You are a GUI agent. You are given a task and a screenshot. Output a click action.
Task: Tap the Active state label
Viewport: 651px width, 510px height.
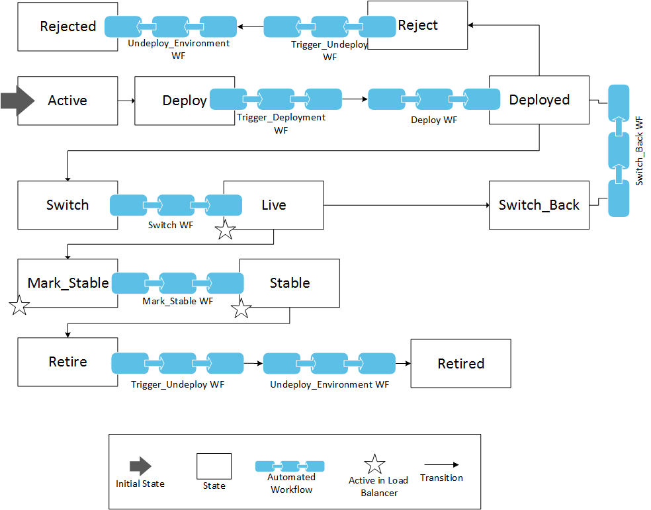pyautogui.click(x=67, y=101)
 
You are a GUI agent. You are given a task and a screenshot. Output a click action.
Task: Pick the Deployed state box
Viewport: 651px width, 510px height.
pyautogui.click(x=539, y=100)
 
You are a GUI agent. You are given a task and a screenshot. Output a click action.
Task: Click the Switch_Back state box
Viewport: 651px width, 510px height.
pyautogui.click(x=539, y=205)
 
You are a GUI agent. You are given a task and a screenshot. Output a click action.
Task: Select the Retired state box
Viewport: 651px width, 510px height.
pyautogui.click(x=460, y=364)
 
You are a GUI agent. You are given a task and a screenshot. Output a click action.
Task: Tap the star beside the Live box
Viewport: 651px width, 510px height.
pyautogui.click(x=226, y=230)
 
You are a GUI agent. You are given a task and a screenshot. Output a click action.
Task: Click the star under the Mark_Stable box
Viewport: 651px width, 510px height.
pyautogui.click(x=20, y=306)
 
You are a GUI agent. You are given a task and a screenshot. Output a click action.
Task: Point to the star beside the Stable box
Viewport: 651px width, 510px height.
pyautogui.click(x=241, y=308)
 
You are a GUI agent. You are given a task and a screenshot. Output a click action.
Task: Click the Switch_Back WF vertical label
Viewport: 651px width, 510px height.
pyautogui.click(x=639, y=151)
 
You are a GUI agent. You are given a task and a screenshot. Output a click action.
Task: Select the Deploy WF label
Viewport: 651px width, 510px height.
pyautogui.click(x=433, y=120)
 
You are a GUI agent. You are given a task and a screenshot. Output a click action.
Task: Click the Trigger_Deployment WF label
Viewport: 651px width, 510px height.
pyautogui.click(x=281, y=124)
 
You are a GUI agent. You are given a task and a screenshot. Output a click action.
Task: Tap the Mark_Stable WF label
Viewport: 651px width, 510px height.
pyautogui.click(x=177, y=301)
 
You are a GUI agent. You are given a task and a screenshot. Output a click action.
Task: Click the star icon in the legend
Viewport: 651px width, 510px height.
pyautogui.click(x=375, y=464)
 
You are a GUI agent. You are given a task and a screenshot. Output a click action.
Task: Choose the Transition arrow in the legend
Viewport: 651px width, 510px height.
pyautogui.click(x=441, y=465)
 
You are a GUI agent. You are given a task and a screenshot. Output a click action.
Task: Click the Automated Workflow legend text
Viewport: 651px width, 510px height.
pyautogui.click(x=291, y=484)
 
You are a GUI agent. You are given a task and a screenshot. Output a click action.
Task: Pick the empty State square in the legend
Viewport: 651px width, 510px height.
pyautogui.click(x=214, y=466)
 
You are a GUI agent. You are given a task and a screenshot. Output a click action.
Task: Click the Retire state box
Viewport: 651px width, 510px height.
pyautogui.click(x=67, y=362)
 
